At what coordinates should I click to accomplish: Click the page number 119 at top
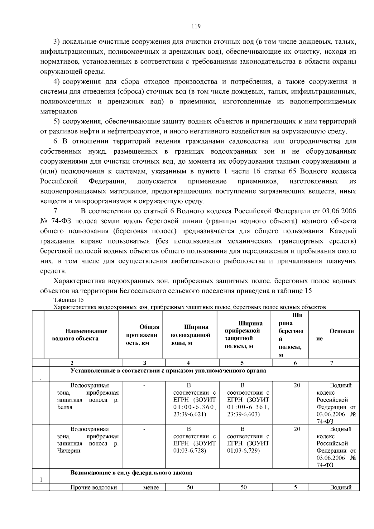(x=196, y=26)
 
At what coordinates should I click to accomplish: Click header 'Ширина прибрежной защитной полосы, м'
(x=244, y=335)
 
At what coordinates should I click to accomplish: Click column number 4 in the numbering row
(x=189, y=363)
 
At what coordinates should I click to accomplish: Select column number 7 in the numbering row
(x=332, y=363)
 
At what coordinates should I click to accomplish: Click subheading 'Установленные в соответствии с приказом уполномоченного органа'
(x=168, y=371)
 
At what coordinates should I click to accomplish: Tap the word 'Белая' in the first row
(x=65, y=407)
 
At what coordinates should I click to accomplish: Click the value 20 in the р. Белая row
(x=297, y=386)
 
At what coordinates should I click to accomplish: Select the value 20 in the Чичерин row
(x=297, y=429)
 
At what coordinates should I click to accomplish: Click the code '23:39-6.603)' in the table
(x=243, y=414)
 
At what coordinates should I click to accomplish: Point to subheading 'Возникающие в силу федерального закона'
(x=131, y=473)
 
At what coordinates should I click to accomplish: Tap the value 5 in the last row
(x=295, y=488)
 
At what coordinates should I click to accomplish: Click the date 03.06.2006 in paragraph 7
(x=339, y=211)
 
